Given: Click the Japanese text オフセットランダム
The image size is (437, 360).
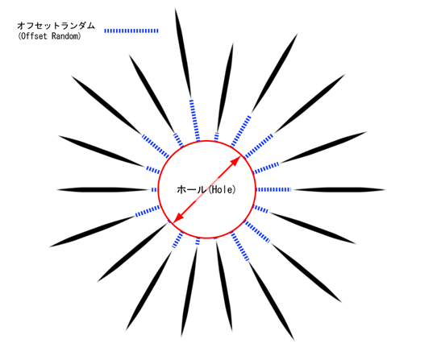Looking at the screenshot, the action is (56, 26).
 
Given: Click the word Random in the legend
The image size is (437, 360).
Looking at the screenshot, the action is (66, 36).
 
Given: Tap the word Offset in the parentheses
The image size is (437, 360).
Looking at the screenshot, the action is (34, 36).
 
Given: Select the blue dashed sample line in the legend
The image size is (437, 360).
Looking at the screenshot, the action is (131, 31).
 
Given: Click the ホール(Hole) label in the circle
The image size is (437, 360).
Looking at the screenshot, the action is (206, 189).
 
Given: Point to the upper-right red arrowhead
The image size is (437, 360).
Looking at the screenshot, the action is (236, 160).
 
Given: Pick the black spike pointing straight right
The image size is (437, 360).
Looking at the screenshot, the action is (339, 190).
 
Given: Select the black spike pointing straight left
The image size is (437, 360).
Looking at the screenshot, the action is (102, 190).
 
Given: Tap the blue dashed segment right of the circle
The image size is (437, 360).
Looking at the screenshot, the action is (273, 190).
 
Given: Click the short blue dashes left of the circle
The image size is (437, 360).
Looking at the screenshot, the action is (154, 190).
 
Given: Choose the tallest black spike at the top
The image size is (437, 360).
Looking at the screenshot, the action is (183, 52).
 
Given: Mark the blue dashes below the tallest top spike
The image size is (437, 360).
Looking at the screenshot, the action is (194, 120).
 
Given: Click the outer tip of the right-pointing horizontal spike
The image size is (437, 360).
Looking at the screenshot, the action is (385, 190).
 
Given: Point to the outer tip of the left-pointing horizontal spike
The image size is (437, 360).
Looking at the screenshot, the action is (56, 190).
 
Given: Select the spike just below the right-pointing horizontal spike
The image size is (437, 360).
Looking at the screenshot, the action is (313, 228).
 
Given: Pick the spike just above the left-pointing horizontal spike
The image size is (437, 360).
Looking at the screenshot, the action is (102, 151).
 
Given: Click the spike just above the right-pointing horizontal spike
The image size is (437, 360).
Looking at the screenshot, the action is (323, 147).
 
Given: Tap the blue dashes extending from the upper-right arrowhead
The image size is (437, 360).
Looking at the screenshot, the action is (258, 146).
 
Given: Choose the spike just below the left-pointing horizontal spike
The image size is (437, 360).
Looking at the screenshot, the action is (93, 231).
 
